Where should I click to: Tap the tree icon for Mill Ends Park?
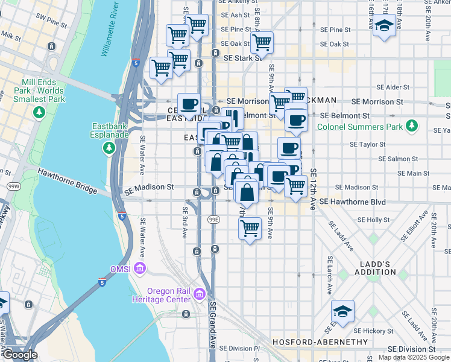click(39, 112)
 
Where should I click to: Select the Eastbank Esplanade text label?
click(110, 131)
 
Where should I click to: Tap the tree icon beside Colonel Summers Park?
click(412, 125)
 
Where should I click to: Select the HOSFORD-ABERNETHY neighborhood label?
click(320, 342)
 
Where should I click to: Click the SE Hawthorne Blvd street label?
click(353, 202)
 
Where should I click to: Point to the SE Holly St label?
click(374, 220)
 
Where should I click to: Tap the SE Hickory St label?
click(374, 331)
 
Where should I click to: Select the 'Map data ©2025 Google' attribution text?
click(414, 357)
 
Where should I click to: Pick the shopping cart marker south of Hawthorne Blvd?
click(250, 229)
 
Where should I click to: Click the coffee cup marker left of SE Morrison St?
click(189, 103)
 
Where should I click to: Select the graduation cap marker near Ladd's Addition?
click(342, 311)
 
